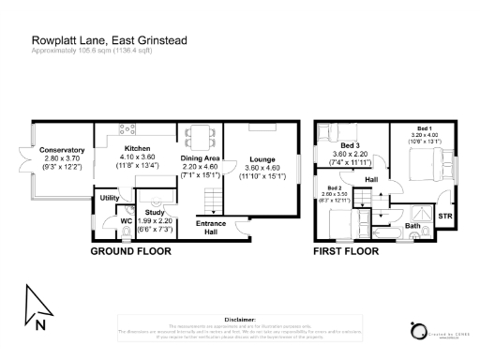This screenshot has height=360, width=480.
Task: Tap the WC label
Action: tap(125, 221)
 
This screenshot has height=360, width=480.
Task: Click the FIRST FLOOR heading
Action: tap(347, 252)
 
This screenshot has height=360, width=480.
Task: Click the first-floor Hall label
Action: tap(371, 180)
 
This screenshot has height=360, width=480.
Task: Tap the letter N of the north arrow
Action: tap(39, 326)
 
